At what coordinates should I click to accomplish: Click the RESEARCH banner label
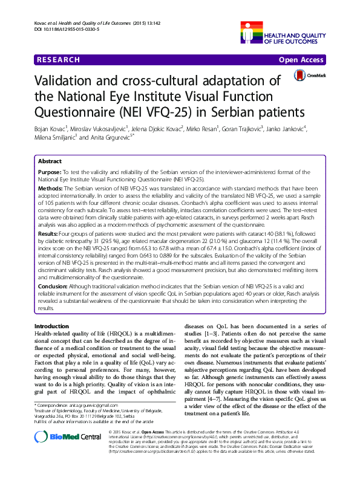pos(59,60)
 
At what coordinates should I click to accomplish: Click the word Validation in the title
pos(71,82)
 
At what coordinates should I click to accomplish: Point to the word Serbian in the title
pos(232,112)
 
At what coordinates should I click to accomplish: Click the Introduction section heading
pos(54,326)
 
